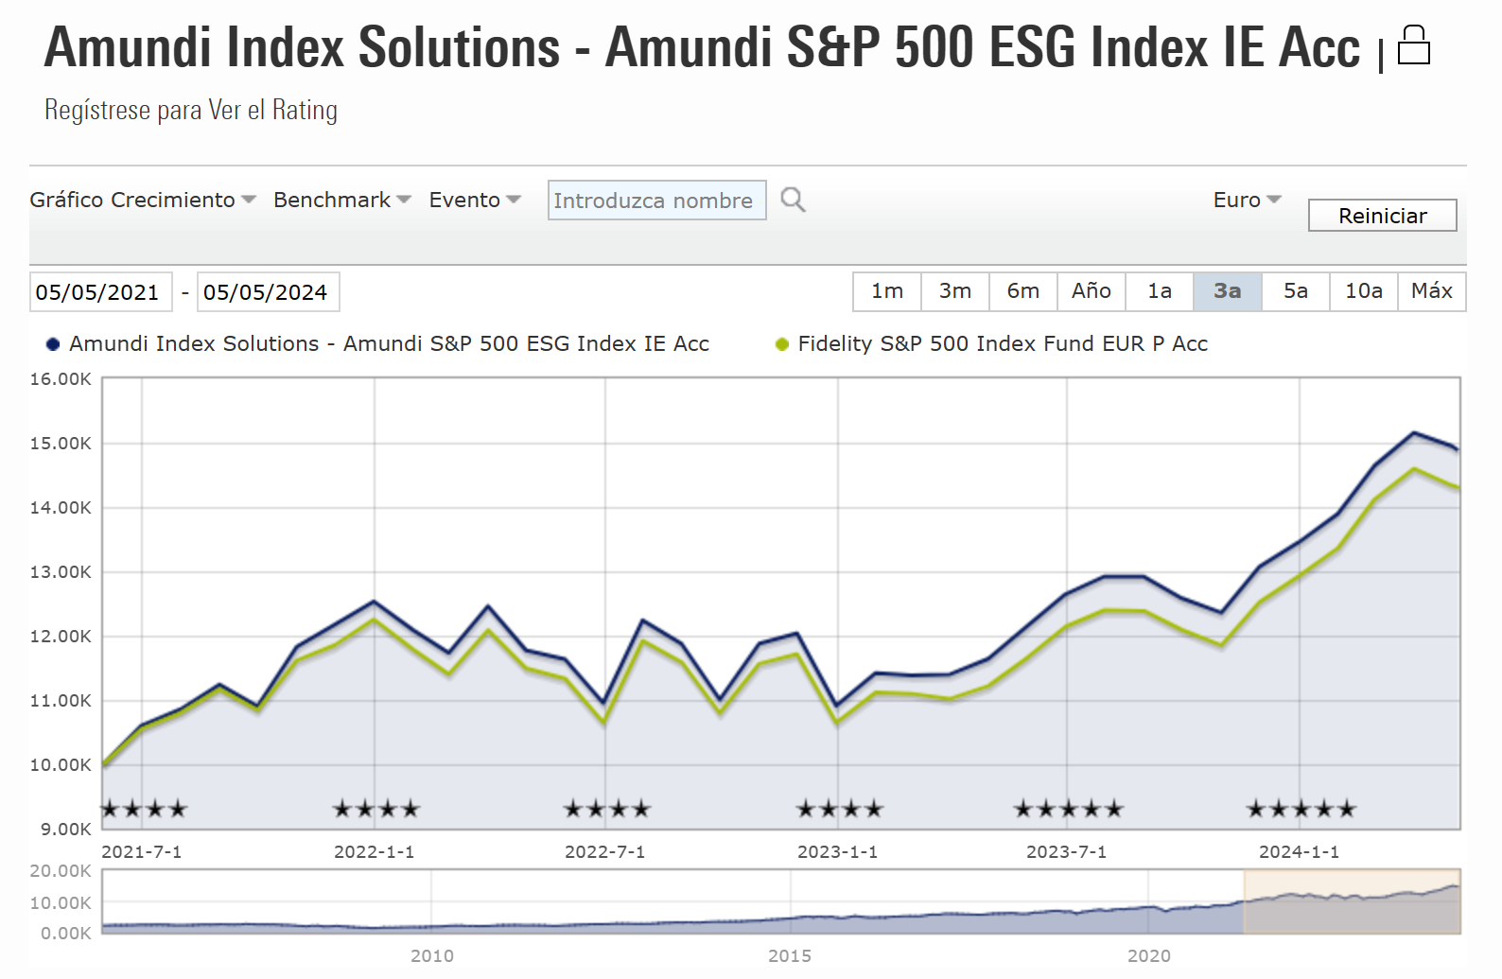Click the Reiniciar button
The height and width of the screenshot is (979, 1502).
pos(1382,216)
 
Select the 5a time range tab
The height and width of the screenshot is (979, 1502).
pos(1295,291)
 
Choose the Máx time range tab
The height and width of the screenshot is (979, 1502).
pos(1431,291)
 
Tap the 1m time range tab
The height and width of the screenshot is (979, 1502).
pos(886,291)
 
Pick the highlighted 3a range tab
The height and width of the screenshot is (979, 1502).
pos(1227,291)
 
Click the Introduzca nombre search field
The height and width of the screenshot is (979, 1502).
pos(656,201)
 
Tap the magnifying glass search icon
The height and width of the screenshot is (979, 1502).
pos(793,200)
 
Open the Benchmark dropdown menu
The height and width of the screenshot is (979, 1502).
pos(341,200)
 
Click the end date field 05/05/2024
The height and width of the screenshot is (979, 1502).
pos(266,292)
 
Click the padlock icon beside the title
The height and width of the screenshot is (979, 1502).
pos(1413,45)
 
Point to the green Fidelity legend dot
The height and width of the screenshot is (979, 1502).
pos(782,344)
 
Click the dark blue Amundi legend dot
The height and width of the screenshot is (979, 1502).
pos(53,344)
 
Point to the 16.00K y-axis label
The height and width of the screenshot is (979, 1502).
pos(61,379)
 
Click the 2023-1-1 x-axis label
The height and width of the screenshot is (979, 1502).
pos(837,852)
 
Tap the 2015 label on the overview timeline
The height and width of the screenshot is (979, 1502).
pos(790,956)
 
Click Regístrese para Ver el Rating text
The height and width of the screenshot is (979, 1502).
pos(191,111)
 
